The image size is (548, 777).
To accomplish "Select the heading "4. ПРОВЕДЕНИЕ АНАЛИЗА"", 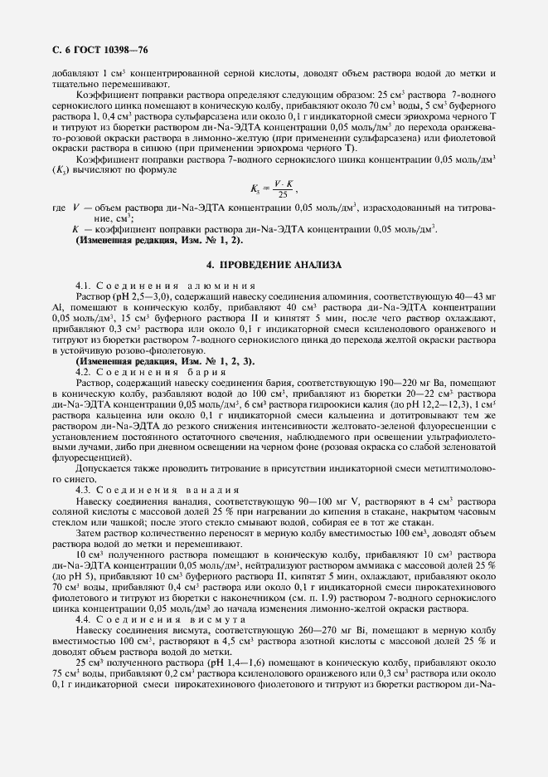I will point(273,264).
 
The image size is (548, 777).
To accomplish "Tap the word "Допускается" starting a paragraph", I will point(102,469).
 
